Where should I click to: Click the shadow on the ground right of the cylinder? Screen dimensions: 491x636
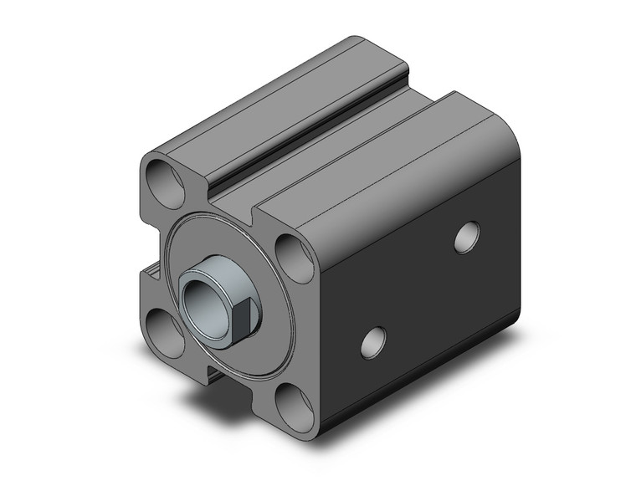point(502,351)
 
